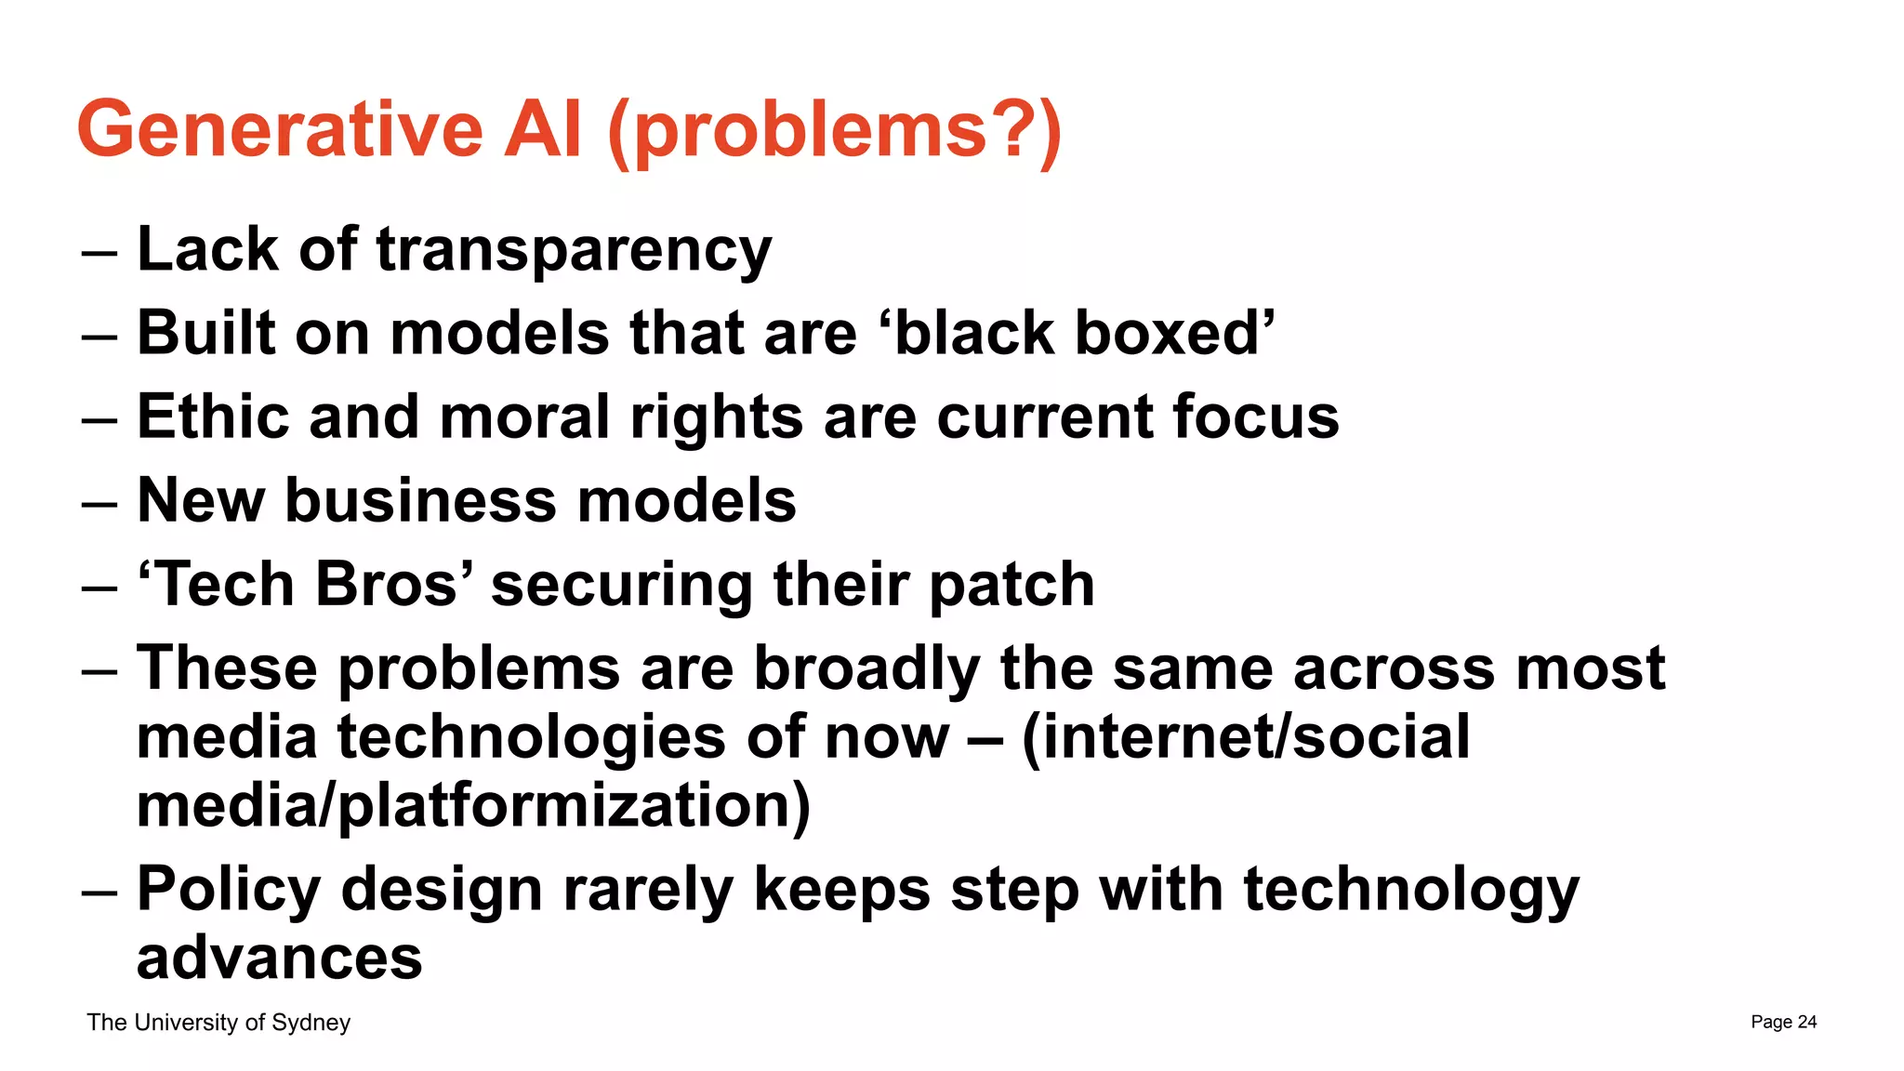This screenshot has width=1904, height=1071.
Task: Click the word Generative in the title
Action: point(280,129)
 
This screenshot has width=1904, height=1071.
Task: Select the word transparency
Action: point(574,251)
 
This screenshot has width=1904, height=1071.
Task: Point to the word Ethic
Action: point(213,416)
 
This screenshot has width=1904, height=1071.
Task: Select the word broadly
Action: point(866,670)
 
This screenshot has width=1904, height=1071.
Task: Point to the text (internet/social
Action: point(1246,737)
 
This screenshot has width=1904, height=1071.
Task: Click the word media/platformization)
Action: point(473,806)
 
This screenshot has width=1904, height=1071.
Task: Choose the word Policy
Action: point(229,891)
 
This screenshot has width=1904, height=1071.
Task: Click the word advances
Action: point(279,959)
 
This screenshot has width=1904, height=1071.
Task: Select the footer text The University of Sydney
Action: point(218,1023)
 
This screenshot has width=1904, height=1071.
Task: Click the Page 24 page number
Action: point(1783,1022)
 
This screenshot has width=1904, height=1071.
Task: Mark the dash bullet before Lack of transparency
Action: point(99,253)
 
